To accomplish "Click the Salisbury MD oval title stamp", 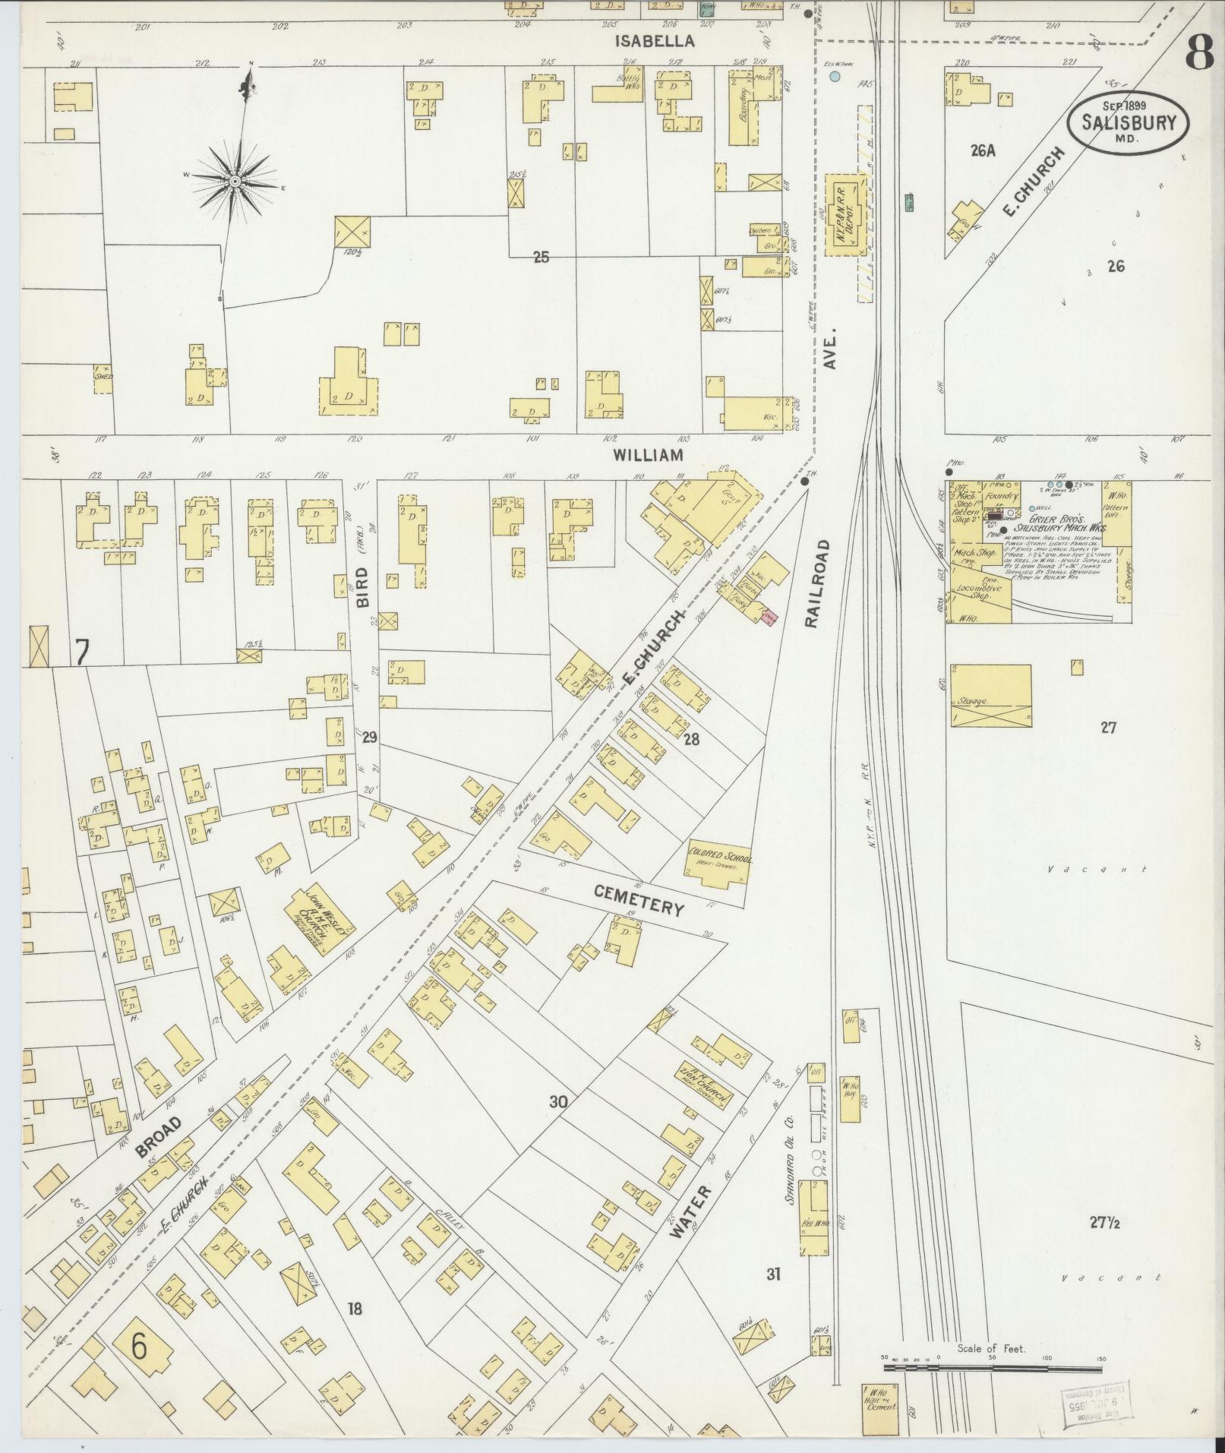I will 1129,122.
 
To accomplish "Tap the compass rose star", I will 235,182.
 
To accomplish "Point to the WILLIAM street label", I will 649,455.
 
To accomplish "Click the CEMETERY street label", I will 639,901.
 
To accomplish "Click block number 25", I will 540,257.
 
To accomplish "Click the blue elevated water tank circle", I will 835,77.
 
